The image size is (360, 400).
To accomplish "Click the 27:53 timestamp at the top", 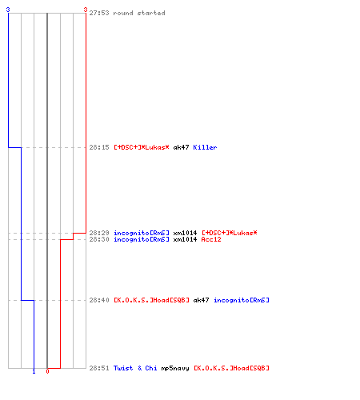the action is click(x=99, y=13).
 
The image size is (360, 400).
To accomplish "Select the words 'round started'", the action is click(x=139, y=13).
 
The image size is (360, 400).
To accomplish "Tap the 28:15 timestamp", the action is click(x=99, y=147).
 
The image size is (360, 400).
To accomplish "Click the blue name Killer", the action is click(x=205, y=147).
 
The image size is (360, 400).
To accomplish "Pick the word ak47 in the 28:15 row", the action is click(x=181, y=147).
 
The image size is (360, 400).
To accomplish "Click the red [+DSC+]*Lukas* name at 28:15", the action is click(x=142, y=147).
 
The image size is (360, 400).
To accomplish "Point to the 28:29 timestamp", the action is click(x=99, y=233).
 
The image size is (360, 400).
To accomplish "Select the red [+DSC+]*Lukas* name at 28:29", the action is click(x=230, y=233).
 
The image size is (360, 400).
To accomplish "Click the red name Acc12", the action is click(x=211, y=239).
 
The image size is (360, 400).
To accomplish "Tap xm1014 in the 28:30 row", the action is click(x=185, y=239).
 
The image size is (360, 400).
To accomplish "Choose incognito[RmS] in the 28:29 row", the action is click(x=142, y=233).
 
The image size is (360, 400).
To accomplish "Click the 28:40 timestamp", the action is click(x=99, y=300).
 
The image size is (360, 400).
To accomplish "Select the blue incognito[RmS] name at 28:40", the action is click(x=242, y=300).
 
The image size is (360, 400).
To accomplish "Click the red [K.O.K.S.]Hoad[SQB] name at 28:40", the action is click(x=151, y=300).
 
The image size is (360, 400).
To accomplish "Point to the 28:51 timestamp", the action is click(x=99, y=368).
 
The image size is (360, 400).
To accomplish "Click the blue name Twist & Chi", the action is click(x=135, y=368).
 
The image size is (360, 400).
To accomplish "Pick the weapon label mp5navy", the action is click(x=175, y=368).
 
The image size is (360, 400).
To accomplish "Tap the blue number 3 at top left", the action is click(x=8, y=10).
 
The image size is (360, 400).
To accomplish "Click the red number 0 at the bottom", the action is click(x=47, y=371).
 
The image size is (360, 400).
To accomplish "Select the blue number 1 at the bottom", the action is click(x=34, y=371).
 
